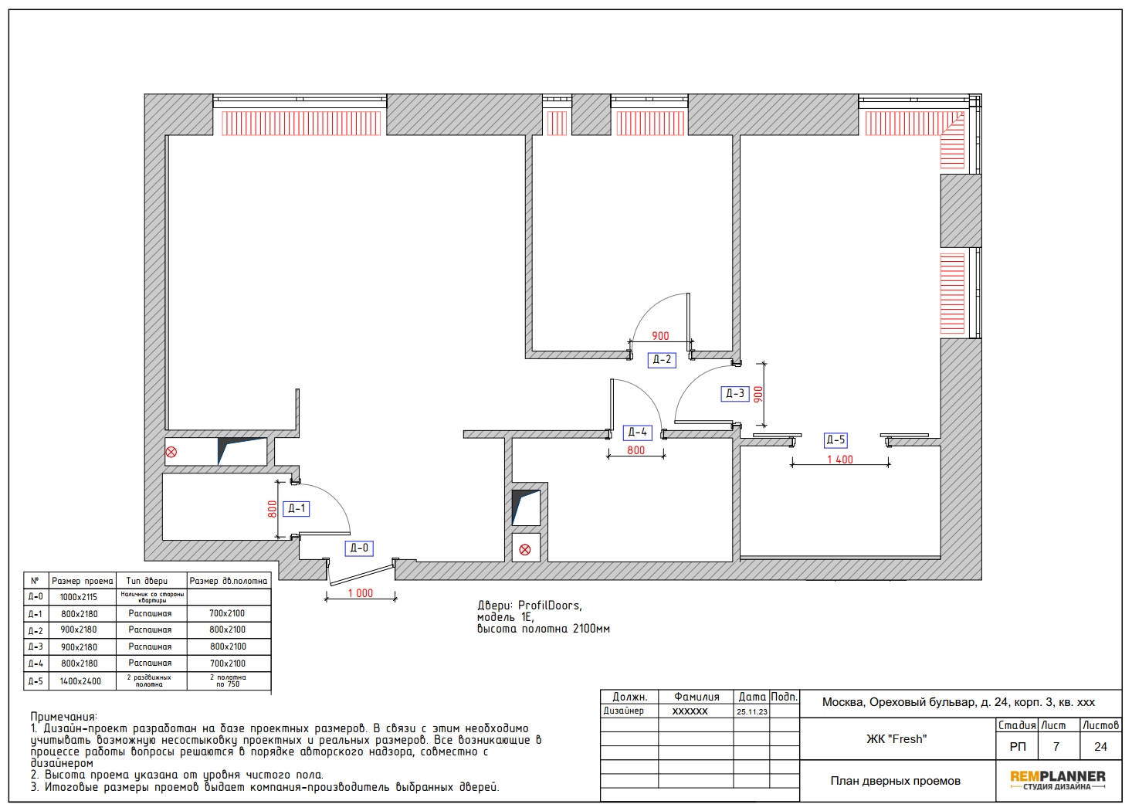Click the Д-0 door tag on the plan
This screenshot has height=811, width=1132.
pyautogui.click(x=359, y=548)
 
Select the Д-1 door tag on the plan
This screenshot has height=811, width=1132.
pyautogui.click(x=297, y=509)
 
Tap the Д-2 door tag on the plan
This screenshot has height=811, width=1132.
pyautogui.click(x=662, y=359)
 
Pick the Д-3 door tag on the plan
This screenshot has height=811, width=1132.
pyautogui.click(x=735, y=393)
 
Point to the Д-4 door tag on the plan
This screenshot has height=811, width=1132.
pyautogui.click(x=637, y=433)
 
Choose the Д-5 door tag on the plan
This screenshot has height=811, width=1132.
pyautogui.click(x=835, y=440)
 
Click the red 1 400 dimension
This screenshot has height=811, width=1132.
pyautogui.click(x=840, y=460)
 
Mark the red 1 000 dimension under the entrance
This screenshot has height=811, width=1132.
pyautogui.click(x=361, y=593)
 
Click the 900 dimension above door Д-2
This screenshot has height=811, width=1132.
pyautogui.click(x=660, y=336)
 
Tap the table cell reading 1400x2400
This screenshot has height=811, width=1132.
pyautogui.click(x=80, y=681)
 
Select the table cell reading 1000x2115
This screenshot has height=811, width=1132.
pyautogui.click(x=78, y=597)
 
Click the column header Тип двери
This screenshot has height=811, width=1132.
pyautogui.click(x=147, y=581)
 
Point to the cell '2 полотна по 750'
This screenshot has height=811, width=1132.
pyautogui.click(x=228, y=680)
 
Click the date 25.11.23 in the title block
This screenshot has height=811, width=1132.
pyautogui.click(x=751, y=711)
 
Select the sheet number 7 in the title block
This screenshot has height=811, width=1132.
pyautogui.click(x=1056, y=747)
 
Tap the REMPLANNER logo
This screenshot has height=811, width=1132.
pyautogui.click(x=1057, y=779)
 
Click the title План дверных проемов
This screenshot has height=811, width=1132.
pyautogui.click(x=895, y=781)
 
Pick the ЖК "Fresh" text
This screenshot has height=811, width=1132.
pyautogui.click(x=896, y=739)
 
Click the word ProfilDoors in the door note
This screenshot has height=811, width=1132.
pyautogui.click(x=550, y=606)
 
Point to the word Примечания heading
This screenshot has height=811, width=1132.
pyautogui.click(x=63, y=717)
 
